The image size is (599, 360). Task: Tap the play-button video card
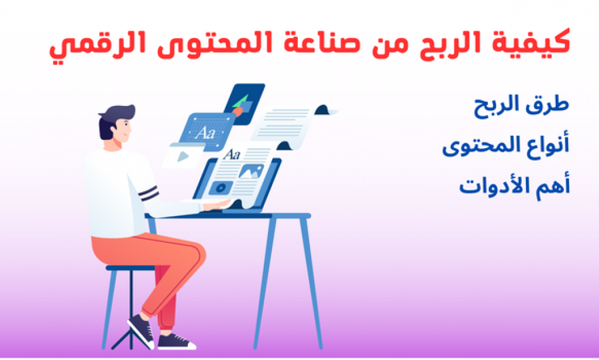tap(182, 156)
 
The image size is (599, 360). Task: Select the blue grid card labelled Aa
tap(207, 132)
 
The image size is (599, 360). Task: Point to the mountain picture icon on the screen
tap(251, 171)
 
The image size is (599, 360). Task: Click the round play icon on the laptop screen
tap(221, 188)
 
